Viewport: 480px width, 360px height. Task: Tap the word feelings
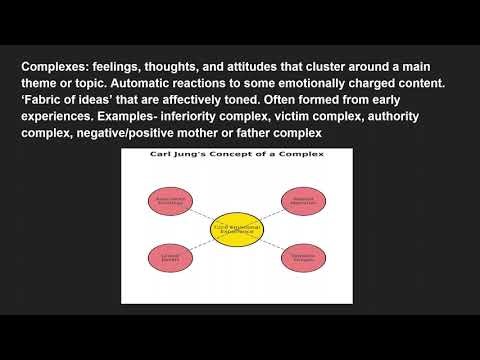(x=128, y=67)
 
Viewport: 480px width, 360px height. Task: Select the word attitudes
(x=254, y=67)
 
